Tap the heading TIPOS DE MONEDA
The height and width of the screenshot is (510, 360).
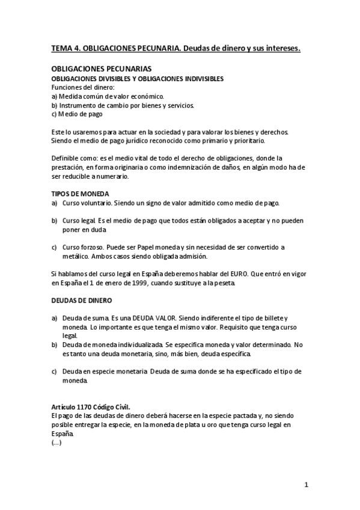[80, 194]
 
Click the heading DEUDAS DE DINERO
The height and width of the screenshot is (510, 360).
[82, 300]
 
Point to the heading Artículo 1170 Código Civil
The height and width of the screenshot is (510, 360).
[91, 407]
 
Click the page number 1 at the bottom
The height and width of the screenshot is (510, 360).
[306, 485]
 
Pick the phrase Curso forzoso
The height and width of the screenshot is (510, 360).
[82, 247]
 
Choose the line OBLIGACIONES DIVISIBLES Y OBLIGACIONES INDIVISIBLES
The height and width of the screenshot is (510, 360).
[138, 79]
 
